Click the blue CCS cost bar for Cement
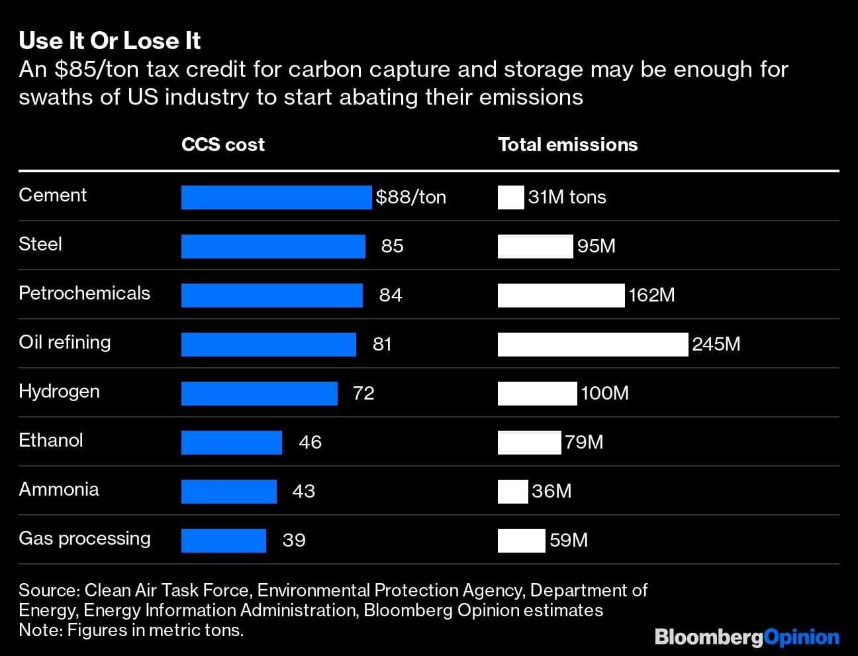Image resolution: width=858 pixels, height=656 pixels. click(x=276, y=197)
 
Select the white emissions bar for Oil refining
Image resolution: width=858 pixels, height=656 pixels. click(x=593, y=345)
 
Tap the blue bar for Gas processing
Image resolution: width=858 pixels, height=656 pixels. click(x=224, y=541)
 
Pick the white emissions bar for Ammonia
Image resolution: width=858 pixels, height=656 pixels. click(x=512, y=492)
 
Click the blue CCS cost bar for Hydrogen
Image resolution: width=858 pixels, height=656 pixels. click(x=260, y=394)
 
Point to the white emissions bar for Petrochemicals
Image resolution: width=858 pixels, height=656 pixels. click(x=561, y=296)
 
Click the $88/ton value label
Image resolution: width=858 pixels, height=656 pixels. click(x=410, y=197)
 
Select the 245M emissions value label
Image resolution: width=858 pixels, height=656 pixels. click(x=716, y=345)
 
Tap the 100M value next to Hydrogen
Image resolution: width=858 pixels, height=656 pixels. click(x=604, y=394)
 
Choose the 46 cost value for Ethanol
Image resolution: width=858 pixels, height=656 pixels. click(x=310, y=443)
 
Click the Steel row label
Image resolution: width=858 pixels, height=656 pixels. click(x=40, y=245)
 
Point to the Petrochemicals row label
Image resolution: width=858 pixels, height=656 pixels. click(x=85, y=294)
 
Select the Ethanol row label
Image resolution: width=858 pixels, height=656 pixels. click(x=51, y=441)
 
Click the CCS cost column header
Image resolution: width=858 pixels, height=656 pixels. click(x=223, y=145)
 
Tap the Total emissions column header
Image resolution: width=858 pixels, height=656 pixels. click(x=567, y=145)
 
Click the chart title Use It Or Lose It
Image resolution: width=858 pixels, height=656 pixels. click(x=110, y=41)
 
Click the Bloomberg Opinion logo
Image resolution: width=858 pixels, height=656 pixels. click(x=747, y=637)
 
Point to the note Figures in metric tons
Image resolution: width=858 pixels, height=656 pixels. click(x=131, y=630)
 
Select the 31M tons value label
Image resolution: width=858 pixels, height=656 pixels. click(x=567, y=197)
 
